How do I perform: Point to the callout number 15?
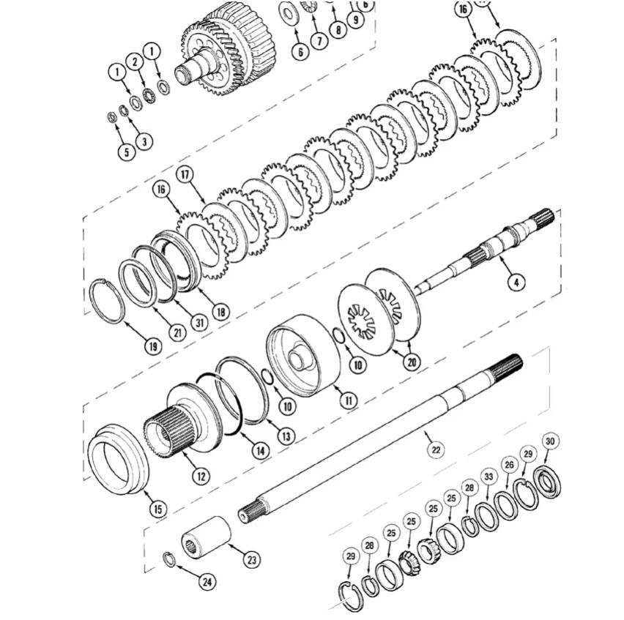click(157, 508)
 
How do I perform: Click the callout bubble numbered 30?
click(551, 441)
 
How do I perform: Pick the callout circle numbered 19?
click(152, 346)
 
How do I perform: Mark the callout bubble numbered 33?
click(489, 477)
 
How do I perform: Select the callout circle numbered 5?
click(125, 152)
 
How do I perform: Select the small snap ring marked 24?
click(168, 559)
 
